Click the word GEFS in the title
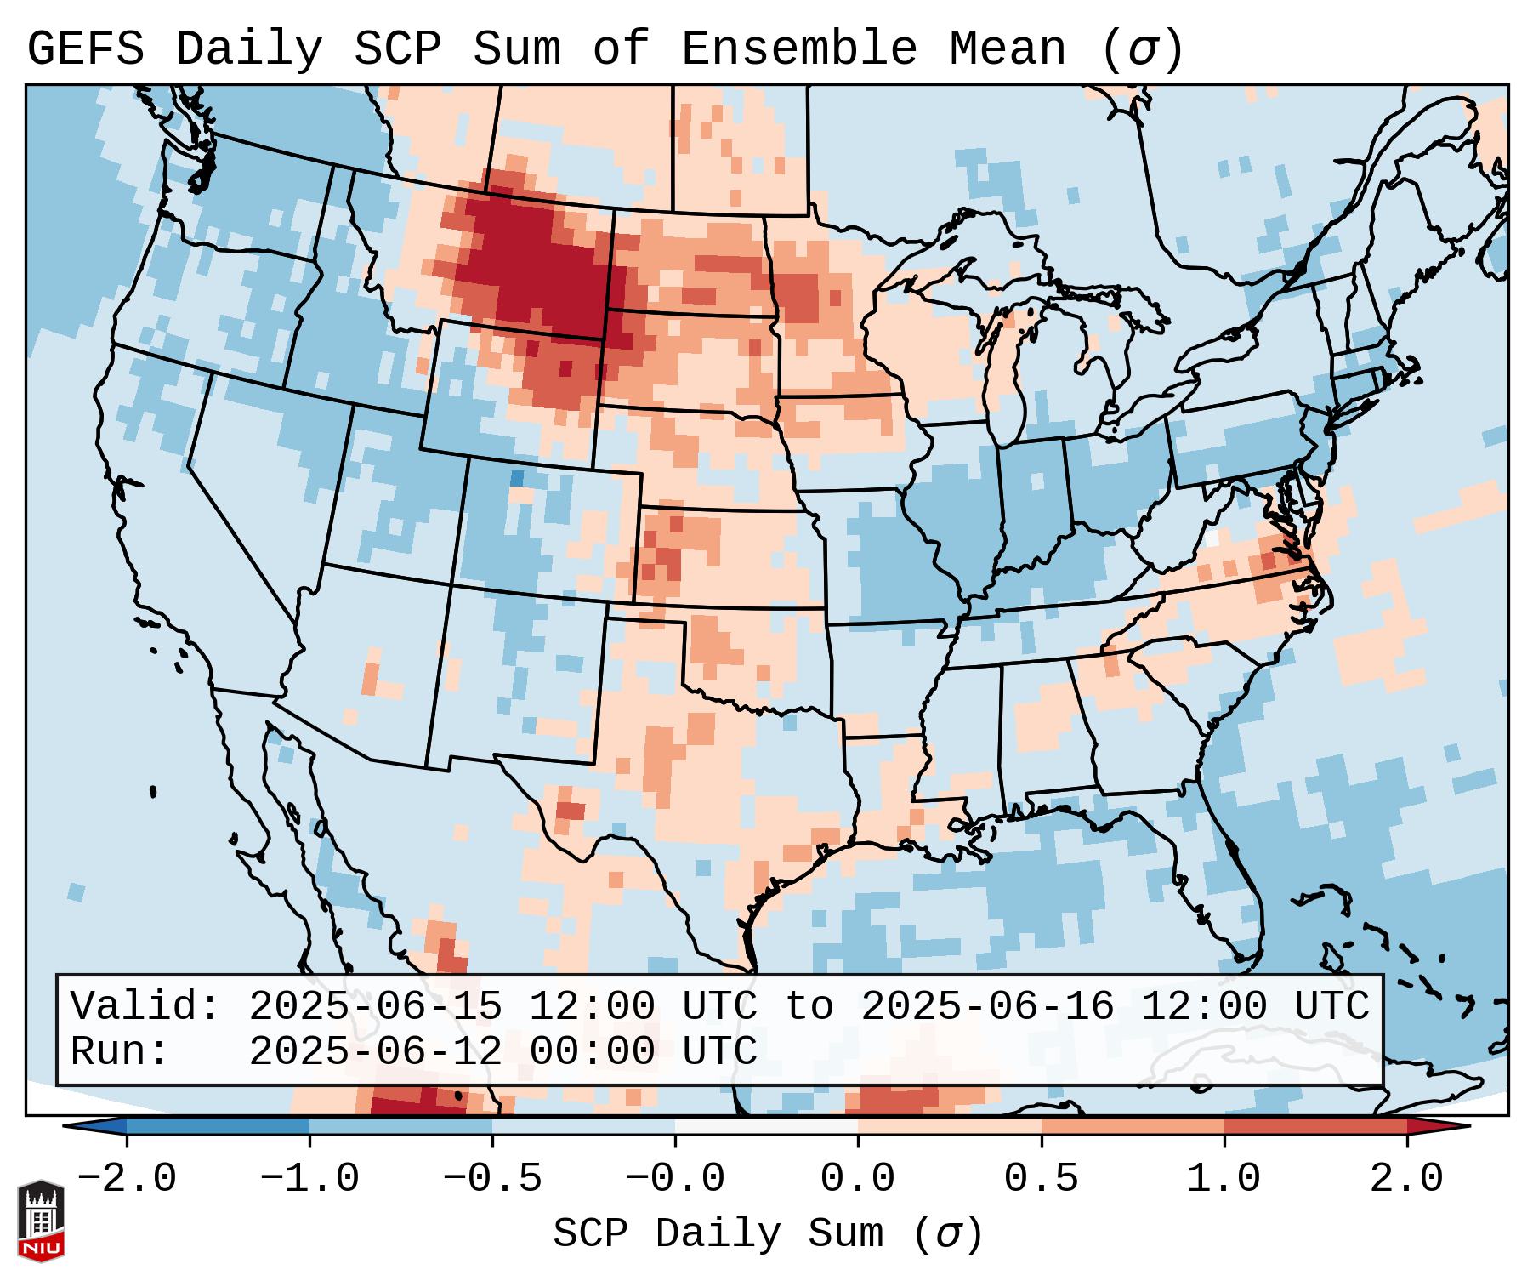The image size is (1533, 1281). point(85,49)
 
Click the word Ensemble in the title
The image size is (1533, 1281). point(798,49)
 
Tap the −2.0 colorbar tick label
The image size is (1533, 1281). point(127,1179)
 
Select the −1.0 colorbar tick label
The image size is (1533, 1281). point(309,1179)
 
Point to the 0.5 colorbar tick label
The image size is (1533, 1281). point(1041,1179)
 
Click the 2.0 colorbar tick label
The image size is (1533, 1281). point(1406,1179)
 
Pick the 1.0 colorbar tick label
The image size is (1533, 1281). point(1224,1179)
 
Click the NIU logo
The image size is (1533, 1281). point(41,1221)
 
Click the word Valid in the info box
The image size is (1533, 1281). point(145,1006)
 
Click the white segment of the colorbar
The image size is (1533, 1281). point(766,1126)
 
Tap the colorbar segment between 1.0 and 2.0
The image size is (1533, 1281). point(1314,1126)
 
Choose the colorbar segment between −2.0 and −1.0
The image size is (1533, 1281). point(218,1126)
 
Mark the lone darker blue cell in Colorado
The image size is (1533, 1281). point(516,478)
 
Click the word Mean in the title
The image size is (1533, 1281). point(1007,49)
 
